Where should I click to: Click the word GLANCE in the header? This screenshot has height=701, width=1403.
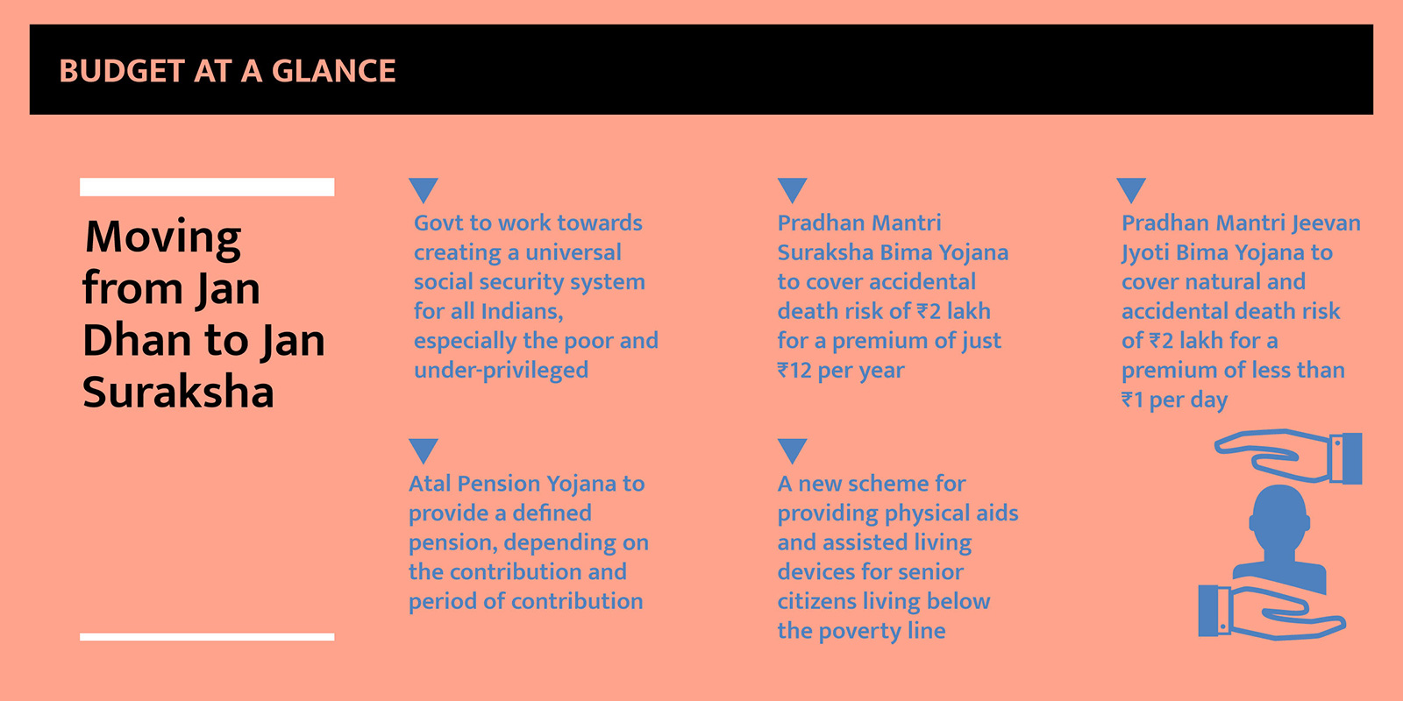(x=333, y=71)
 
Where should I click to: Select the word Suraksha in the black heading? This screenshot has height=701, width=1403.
(x=178, y=392)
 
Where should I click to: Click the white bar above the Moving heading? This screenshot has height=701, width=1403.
(x=207, y=188)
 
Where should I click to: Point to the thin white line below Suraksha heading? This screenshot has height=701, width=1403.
(x=207, y=636)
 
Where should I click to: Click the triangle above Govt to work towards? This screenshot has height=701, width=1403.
(x=424, y=189)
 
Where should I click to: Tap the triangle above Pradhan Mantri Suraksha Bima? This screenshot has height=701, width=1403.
(x=793, y=189)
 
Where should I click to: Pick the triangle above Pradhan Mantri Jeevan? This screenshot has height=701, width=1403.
(x=1131, y=189)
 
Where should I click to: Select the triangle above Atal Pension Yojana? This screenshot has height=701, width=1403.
(x=424, y=450)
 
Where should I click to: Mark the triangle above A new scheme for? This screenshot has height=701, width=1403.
(x=793, y=450)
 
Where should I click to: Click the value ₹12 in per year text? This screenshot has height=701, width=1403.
(x=794, y=371)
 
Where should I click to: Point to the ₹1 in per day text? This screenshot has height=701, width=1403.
(x=1132, y=400)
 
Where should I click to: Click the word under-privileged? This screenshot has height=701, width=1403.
(x=501, y=371)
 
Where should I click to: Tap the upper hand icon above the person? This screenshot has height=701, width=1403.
(x=1290, y=457)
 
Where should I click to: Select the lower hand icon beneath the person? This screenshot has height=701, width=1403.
(x=1271, y=612)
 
